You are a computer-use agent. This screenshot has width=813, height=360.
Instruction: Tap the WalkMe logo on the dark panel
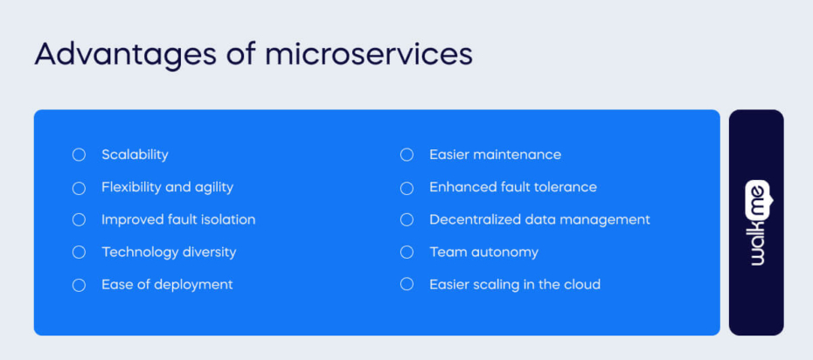click(756, 223)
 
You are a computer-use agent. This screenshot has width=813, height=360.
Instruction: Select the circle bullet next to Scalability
click(79, 155)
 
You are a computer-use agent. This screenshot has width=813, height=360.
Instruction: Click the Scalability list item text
click(135, 155)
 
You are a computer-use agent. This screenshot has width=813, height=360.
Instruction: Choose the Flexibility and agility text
click(167, 187)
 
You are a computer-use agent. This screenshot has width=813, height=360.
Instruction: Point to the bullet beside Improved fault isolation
click(79, 219)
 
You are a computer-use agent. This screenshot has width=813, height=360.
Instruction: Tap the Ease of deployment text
click(167, 284)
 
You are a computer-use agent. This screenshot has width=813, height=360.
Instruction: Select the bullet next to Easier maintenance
click(406, 155)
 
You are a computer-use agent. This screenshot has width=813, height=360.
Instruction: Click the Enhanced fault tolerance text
click(513, 187)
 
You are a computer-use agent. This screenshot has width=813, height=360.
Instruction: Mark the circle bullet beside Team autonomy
click(406, 252)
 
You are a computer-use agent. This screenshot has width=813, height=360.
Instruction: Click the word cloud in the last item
click(581, 284)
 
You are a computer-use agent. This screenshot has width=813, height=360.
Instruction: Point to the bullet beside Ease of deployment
click(79, 285)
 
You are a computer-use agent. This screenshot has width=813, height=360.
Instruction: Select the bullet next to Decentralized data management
click(406, 219)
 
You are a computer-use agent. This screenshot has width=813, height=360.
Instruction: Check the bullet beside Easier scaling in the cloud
click(406, 284)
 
